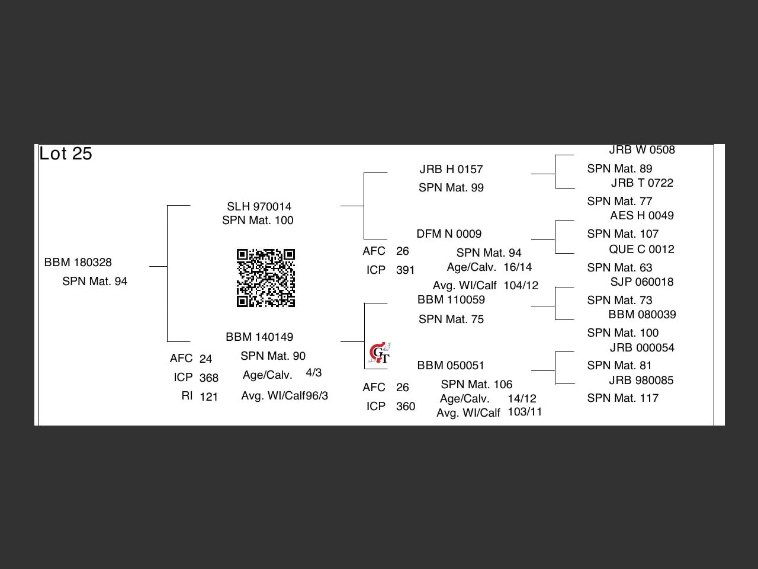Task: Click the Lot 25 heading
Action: pos(66,154)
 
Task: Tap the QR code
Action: pos(266,278)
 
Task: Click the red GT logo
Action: pos(379,353)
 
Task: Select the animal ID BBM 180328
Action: pos(78,263)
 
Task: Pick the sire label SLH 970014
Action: pos(259,207)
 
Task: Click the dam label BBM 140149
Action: pos(259,337)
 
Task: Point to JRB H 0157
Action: pos(451,170)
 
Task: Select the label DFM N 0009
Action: pos(449,234)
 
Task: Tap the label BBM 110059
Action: pos(451,300)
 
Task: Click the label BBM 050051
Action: pos(451,366)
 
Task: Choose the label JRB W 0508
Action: pos(642,150)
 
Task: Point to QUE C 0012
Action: pos(641,250)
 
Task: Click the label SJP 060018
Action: pos(642,282)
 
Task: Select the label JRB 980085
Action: pos(641,381)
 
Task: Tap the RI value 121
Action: pos(209,397)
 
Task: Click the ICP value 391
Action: pos(406,270)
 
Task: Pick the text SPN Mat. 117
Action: pos(622,398)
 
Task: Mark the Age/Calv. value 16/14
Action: pos(518,267)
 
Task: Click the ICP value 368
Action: pos(209,378)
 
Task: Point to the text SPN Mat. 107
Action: pos(622,234)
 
